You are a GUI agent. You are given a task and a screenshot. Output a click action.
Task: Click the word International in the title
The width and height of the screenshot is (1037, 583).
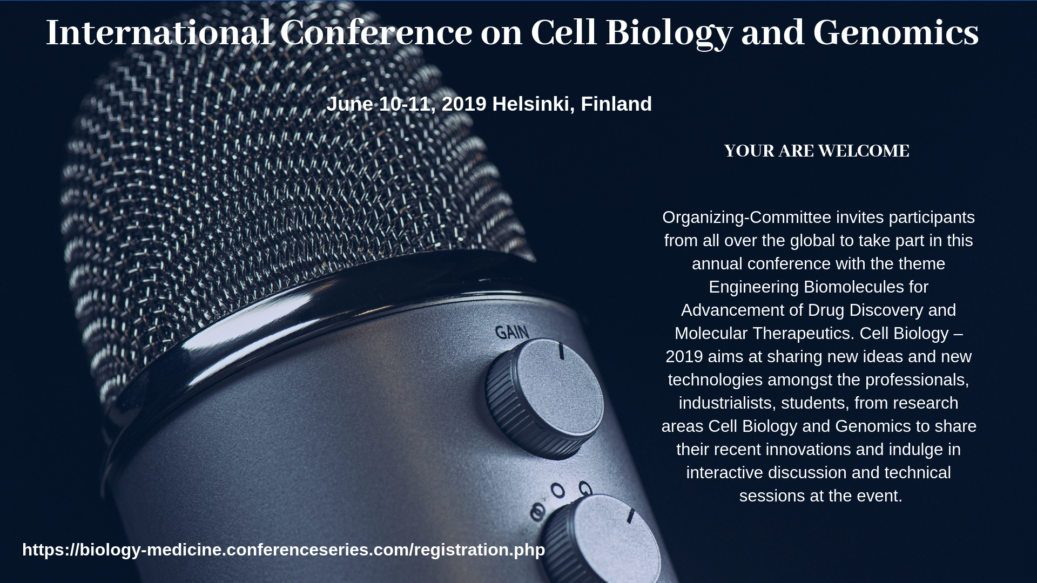(x=158, y=32)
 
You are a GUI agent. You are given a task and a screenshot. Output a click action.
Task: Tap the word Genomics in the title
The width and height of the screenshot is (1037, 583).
(x=896, y=32)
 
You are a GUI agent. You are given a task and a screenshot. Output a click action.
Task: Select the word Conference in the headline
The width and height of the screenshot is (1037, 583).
(x=376, y=32)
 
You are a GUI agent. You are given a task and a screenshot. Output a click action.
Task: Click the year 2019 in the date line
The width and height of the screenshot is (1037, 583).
(x=464, y=104)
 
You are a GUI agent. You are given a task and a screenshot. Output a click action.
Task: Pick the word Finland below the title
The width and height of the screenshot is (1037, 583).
(x=616, y=104)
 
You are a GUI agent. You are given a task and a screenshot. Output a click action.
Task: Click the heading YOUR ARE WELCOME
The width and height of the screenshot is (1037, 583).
(x=817, y=151)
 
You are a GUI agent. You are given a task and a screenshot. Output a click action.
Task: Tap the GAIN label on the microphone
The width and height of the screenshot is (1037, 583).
(x=512, y=333)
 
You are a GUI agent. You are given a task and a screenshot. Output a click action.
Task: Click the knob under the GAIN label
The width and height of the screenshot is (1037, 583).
(x=544, y=398)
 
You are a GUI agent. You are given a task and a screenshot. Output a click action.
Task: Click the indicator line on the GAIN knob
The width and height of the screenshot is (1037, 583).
(x=562, y=351)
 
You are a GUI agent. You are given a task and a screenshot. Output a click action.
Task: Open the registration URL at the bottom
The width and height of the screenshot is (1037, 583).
(x=284, y=550)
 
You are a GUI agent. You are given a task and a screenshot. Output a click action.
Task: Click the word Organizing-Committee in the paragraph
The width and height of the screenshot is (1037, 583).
(x=746, y=218)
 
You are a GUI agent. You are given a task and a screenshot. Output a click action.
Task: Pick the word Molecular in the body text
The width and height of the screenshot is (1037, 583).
(x=711, y=334)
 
